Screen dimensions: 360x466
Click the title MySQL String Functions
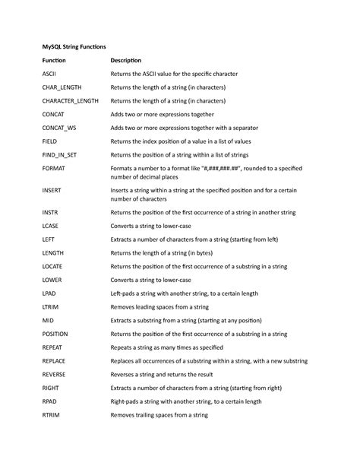[x=74, y=46]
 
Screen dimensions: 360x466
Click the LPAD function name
[x=50, y=292]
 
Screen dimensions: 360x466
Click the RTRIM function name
[x=52, y=416]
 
